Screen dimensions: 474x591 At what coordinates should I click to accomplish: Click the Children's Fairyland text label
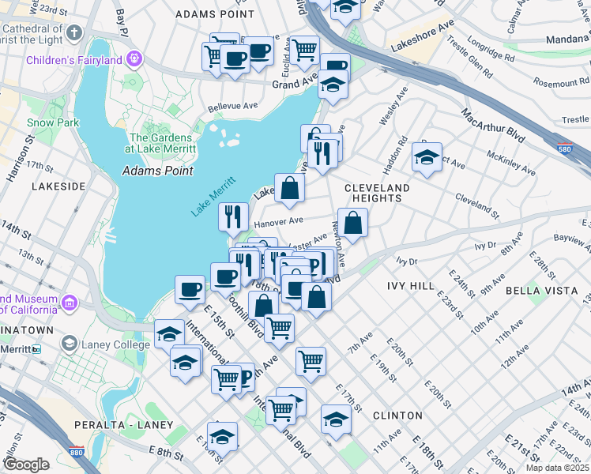(x=73, y=60)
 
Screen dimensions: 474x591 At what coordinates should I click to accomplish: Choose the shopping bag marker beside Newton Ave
(x=352, y=223)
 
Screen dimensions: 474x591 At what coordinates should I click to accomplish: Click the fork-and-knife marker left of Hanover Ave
(x=233, y=216)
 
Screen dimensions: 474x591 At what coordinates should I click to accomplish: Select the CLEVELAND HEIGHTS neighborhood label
(x=378, y=193)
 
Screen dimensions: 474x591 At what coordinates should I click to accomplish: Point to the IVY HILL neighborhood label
(x=411, y=284)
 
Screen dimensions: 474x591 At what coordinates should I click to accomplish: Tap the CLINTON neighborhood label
(x=397, y=415)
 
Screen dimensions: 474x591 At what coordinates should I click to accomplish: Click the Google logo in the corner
(x=27, y=464)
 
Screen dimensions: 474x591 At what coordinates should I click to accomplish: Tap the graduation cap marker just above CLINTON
(x=336, y=418)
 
